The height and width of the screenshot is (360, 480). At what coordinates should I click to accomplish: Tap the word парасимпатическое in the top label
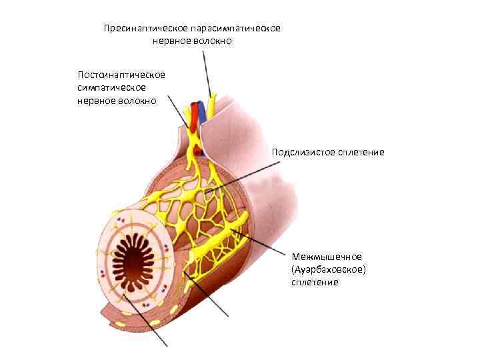click(x=235, y=29)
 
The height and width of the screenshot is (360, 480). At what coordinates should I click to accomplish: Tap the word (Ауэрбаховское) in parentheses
click(x=329, y=269)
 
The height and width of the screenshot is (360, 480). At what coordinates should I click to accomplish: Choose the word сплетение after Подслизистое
click(x=362, y=152)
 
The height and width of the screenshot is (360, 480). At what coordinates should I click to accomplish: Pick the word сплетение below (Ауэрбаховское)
click(x=315, y=282)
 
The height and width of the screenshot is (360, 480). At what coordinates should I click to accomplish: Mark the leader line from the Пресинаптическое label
click(x=207, y=73)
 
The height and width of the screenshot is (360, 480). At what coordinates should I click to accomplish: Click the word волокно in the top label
click(x=211, y=41)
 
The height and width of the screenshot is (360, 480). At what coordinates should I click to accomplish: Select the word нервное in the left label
click(x=97, y=101)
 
